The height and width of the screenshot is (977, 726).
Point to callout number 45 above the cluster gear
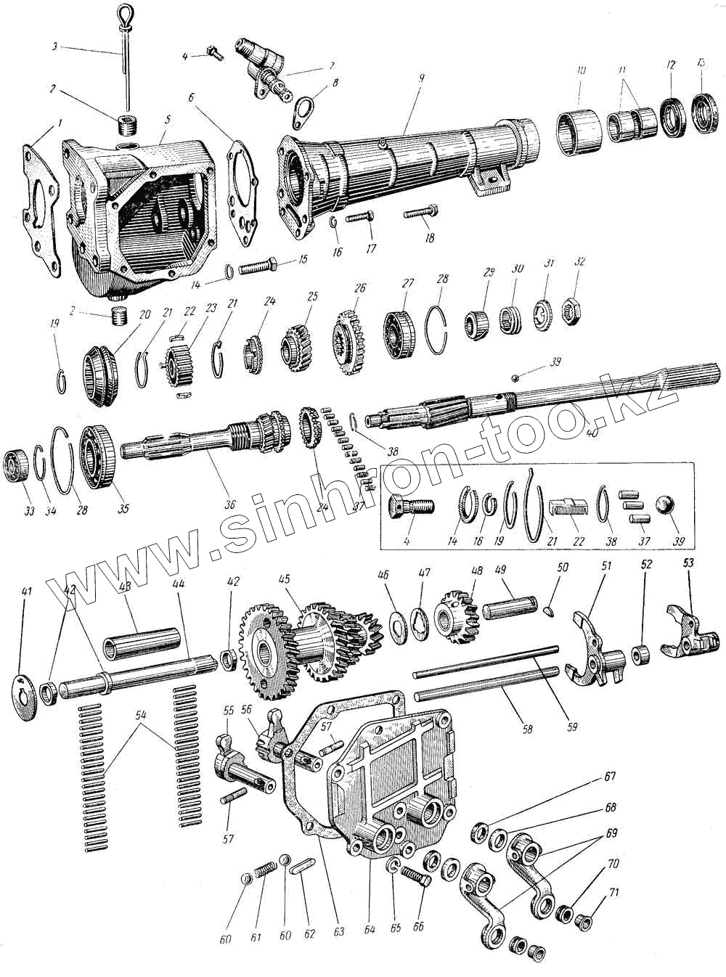tap(285, 580)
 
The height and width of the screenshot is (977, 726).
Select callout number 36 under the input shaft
tap(230, 503)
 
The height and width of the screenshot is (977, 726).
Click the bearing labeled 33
tap(17, 465)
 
